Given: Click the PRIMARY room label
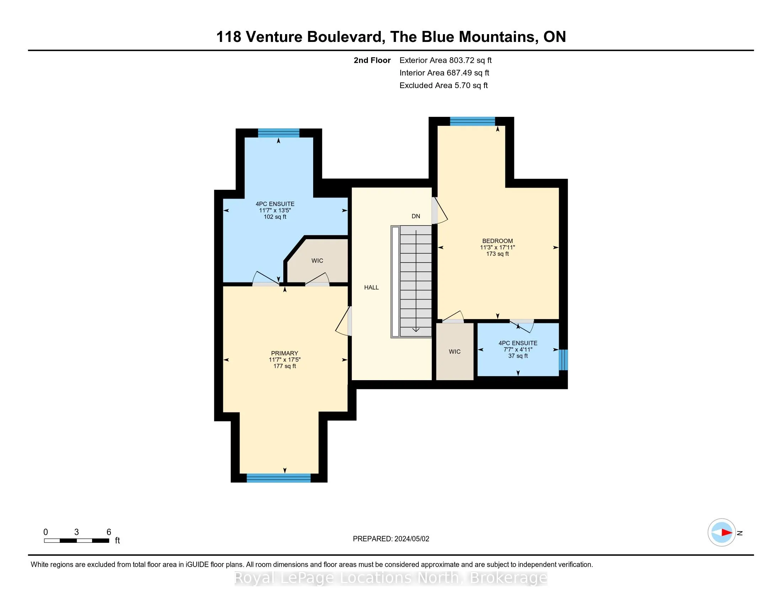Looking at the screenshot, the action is pyautogui.click(x=284, y=353).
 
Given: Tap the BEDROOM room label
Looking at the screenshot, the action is pyautogui.click(x=497, y=241).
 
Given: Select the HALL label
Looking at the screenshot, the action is pyautogui.click(x=371, y=287).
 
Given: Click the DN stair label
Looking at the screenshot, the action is pyautogui.click(x=416, y=216).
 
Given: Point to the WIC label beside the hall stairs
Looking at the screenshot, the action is pyautogui.click(x=454, y=352).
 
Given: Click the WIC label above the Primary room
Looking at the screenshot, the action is pyautogui.click(x=317, y=260).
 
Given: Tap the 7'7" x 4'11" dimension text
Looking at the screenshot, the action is pyautogui.click(x=518, y=350).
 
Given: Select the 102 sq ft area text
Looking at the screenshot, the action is pyautogui.click(x=275, y=217).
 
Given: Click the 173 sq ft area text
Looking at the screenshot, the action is pyautogui.click(x=497, y=254).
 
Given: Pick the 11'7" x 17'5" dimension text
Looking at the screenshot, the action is pyautogui.click(x=285, y=360).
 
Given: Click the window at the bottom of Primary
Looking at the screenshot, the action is pyautogui.click(x=279, y=478).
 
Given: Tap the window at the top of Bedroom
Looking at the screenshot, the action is pyautogui.click(x=473, y=121).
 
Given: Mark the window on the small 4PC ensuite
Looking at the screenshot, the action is pyautogui.click(x=563, y=360).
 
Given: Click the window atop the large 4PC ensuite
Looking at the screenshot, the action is pyautogui.click(x=279, y=133).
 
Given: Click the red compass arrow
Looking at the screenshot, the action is pyautogui.click(x=727, y=533).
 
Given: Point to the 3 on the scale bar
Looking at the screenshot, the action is pyautogui.click(x=76, y=532).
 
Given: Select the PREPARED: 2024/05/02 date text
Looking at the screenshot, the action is pyautogui.click(x=391, y=539).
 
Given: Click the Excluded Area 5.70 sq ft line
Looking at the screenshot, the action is pyautogui.click(x=444, y=86).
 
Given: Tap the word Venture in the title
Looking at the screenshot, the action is pyautogui.click(x=274, y=37).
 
